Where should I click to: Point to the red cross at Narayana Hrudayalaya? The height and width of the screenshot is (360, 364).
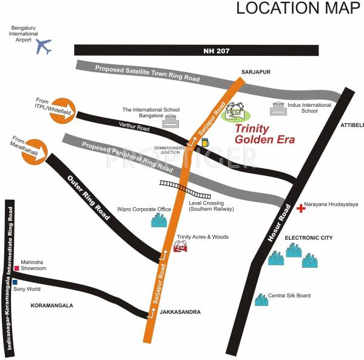pyautogui.click(x=301, y=208)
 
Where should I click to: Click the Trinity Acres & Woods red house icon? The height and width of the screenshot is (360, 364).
pyautogui.click(x=181, y=246)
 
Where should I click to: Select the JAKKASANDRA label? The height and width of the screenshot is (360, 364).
pyautogui.click(x=181, y=312)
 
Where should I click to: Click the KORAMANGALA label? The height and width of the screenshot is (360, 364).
pyautogui.click(x=52, y=305)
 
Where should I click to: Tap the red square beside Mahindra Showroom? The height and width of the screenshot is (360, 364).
pyautogui.click(x=17, y=268)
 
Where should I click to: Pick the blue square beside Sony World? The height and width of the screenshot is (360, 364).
pyautogui.click(x=15, y=282)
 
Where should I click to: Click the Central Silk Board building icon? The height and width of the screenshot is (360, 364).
pyautogui.click(x=261, y=299)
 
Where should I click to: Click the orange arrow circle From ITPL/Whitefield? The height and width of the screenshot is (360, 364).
pyautogui.click(x=62, y=110)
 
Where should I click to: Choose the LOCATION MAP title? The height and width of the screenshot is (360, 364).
pyautogui.click(x=297, y=8)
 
